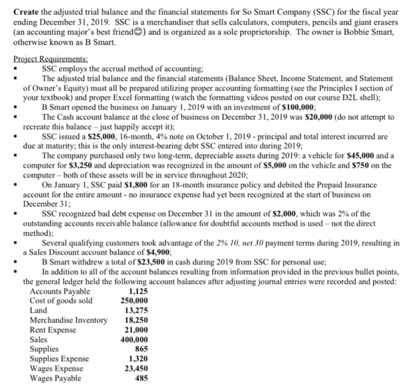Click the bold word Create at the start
point(27,12)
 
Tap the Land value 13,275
point(137,310)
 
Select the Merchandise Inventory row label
point(69,320)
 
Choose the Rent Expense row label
point(54,330)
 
